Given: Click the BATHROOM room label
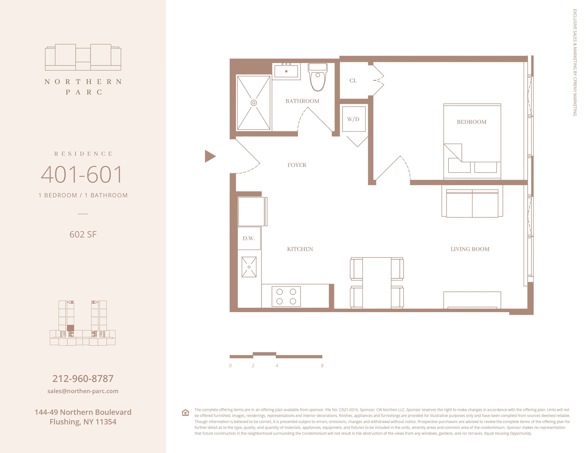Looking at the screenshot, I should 302,101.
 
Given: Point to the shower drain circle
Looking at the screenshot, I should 254,103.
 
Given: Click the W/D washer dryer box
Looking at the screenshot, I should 354,119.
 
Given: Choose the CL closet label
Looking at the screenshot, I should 353,80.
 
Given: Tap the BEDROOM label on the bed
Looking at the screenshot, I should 471,122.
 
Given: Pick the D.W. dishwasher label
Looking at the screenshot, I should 249,238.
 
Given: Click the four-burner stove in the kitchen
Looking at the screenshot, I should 286,296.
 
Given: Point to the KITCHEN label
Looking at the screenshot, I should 300,249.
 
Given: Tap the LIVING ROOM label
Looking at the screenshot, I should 470,249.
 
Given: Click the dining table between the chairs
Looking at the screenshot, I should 377,282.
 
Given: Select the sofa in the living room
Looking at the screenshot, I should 472,204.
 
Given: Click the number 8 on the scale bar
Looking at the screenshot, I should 322,366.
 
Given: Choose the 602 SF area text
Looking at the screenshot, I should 83,234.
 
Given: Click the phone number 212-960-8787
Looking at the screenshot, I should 83,379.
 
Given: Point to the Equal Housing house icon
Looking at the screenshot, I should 185,412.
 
